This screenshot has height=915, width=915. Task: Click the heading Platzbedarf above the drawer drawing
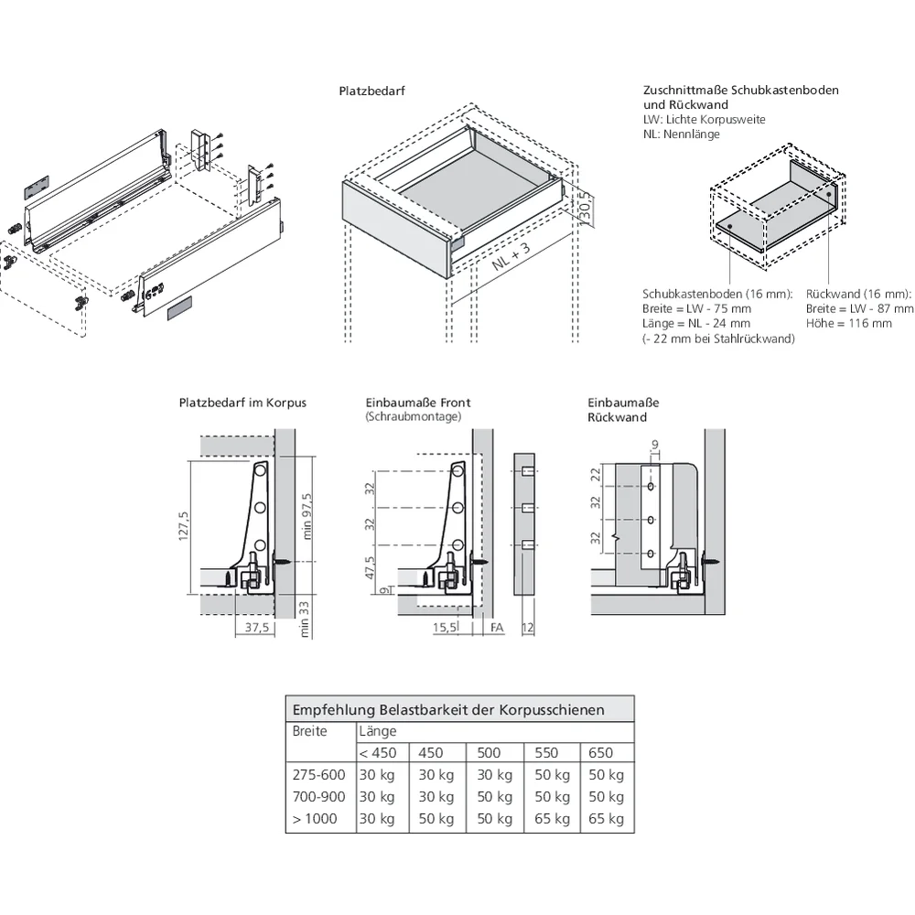click(371, 91)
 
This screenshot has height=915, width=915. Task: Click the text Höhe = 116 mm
click(836, 324)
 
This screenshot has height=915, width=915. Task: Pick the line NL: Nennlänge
click(681, 135)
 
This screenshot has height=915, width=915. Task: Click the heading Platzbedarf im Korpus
click(242, 403)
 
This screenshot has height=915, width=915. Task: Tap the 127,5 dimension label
click(184, 526)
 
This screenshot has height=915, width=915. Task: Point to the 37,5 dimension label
click(257, 628)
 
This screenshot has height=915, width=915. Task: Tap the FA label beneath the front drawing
click(497, 628)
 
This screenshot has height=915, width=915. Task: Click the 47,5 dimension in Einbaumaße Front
click(371, 567)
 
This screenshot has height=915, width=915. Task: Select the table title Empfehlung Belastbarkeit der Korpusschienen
click(447, 709)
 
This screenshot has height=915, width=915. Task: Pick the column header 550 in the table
click(546, 753)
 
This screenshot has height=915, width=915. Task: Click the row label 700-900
click(318, 797)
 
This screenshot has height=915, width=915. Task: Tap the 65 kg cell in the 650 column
click(606, 819)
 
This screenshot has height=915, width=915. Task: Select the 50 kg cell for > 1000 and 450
click(436, 819)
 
